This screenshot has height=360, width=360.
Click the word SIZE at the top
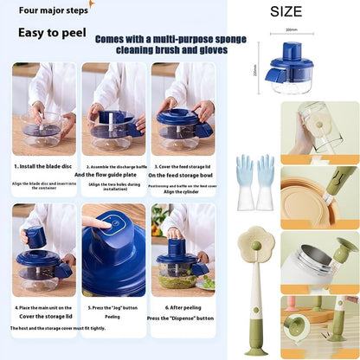coord(286,12)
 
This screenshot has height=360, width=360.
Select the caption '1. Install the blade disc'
coord(43,166)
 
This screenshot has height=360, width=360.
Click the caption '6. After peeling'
coord(182,307)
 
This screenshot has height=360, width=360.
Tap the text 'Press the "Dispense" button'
coord(182,318)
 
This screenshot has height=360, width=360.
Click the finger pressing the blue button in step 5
coord(98,223)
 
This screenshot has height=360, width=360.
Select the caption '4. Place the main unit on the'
coord(43,307)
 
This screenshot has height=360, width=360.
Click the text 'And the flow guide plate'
coord(111,175)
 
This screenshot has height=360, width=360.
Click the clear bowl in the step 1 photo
coord(42,134)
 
